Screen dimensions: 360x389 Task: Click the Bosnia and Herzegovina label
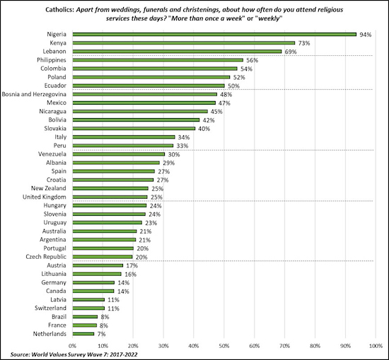click(35, 94)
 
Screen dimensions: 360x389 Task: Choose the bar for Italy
click(124, 137)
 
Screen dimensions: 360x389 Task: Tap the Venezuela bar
click(119, 154)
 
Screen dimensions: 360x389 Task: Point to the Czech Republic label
click(47, 257)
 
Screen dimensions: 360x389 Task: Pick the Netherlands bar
click(84, 334)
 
